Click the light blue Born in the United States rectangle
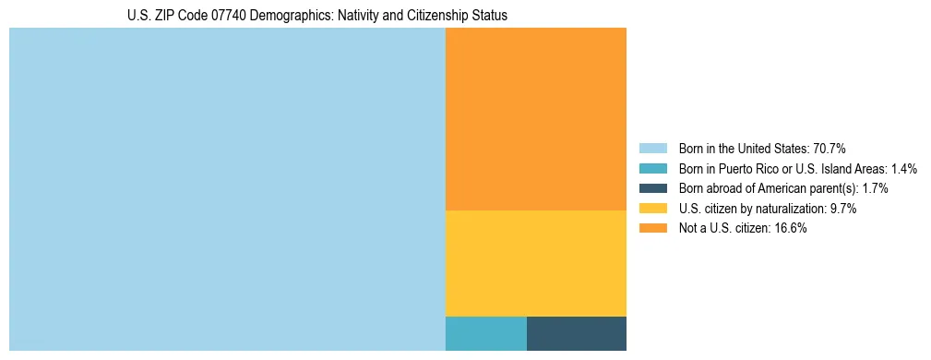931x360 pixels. click(x=227, y=189)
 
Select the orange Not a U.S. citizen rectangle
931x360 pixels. click(x=535, y=119)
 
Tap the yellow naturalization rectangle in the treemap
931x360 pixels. click(x=535, y=263)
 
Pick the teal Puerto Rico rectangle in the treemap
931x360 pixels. click(x=485, y=333)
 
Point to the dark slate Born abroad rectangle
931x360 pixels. click(x=576, y=333)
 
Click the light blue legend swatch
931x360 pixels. click(x=652, y=149)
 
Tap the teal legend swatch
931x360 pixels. click(x=652, y=169)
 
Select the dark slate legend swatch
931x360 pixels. click(x=652, y=188)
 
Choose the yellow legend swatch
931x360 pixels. click(x=652, y=209)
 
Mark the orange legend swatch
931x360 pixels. click(x=652, y=228)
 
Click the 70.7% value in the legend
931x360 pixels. click(x=830, y=149)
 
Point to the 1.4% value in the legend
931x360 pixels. click(x=904, y=169)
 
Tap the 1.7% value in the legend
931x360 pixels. click(x=875, y=188)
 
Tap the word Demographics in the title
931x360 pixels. click(x=292, y=16)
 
